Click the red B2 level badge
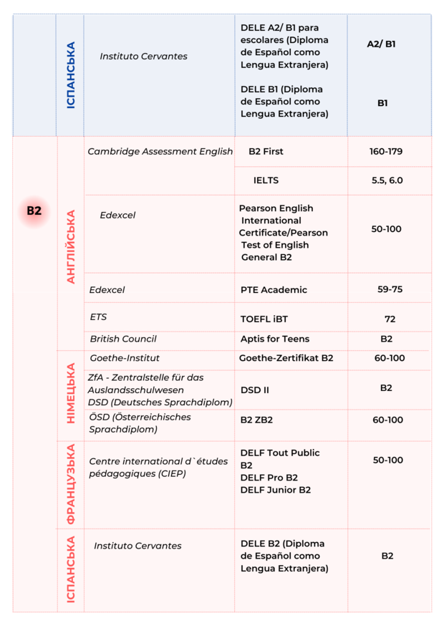pos(34,211)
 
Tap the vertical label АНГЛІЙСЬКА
pos(70,246)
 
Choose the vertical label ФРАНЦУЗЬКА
pos(70,485)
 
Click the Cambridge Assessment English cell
pos(160,151)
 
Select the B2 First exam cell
pos(266,151)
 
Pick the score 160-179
pos(387,151)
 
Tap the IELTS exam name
pos(266,180)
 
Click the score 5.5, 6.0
pos(387,180)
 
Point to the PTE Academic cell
pos(274,289)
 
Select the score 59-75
pos(390,289)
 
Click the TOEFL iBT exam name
pos(264,319)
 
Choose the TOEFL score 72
pos(390,319)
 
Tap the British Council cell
pos(123,339)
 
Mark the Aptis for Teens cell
pos(275,339)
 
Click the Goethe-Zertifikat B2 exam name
pos(286,358)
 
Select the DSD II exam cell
pos(255,390)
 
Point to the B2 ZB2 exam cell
pos(256,420)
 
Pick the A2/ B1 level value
pos(381,44)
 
